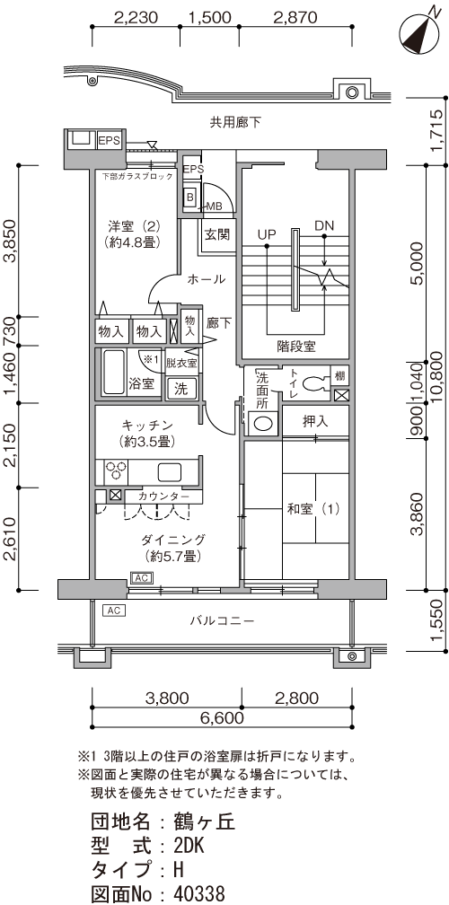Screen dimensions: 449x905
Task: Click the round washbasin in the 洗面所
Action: tap(262, 424)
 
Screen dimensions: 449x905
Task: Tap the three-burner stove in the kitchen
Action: tap(116, 470)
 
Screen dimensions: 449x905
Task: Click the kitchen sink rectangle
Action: tap(170, 472)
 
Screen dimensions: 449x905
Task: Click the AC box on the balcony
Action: tap(114, 611)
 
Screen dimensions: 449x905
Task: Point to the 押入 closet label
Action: tap(315, 421)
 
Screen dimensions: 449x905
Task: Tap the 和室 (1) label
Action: tap(313, 509)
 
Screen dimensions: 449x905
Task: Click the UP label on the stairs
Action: tap(267, 234)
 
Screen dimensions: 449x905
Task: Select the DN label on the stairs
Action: tap(324, 226)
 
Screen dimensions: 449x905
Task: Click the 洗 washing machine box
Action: tap(181, 389)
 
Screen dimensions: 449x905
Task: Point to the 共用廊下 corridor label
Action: tap(235, 122)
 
